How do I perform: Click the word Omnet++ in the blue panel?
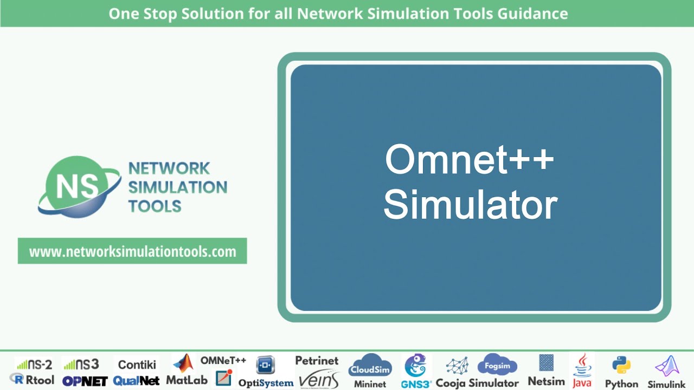click(x=470, y=160)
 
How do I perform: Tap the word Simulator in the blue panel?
click(x=470, y=205)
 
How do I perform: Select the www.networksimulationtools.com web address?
click(x=132, y=251)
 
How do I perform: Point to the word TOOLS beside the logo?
click(x=155, y=206)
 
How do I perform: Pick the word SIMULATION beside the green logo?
click(x=177, y=187)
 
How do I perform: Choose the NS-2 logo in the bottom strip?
click(x=34, y=365)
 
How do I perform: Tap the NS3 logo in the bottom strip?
click(x=81, y=365)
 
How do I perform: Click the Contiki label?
click(x=137, y=365)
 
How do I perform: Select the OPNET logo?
click(x=85, y=381)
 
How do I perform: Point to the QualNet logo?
click(x=136, y=381)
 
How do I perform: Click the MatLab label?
click(x=187, y=380)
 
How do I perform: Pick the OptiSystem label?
click(x=266, y=382)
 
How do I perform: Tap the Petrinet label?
click(x=317, y=360)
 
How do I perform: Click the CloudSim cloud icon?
click(x=370, y=366)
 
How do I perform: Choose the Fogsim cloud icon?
click(x=497, y=366)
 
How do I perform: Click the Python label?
click(x=621, y=383)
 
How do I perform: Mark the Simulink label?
click(x=666, y=384)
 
